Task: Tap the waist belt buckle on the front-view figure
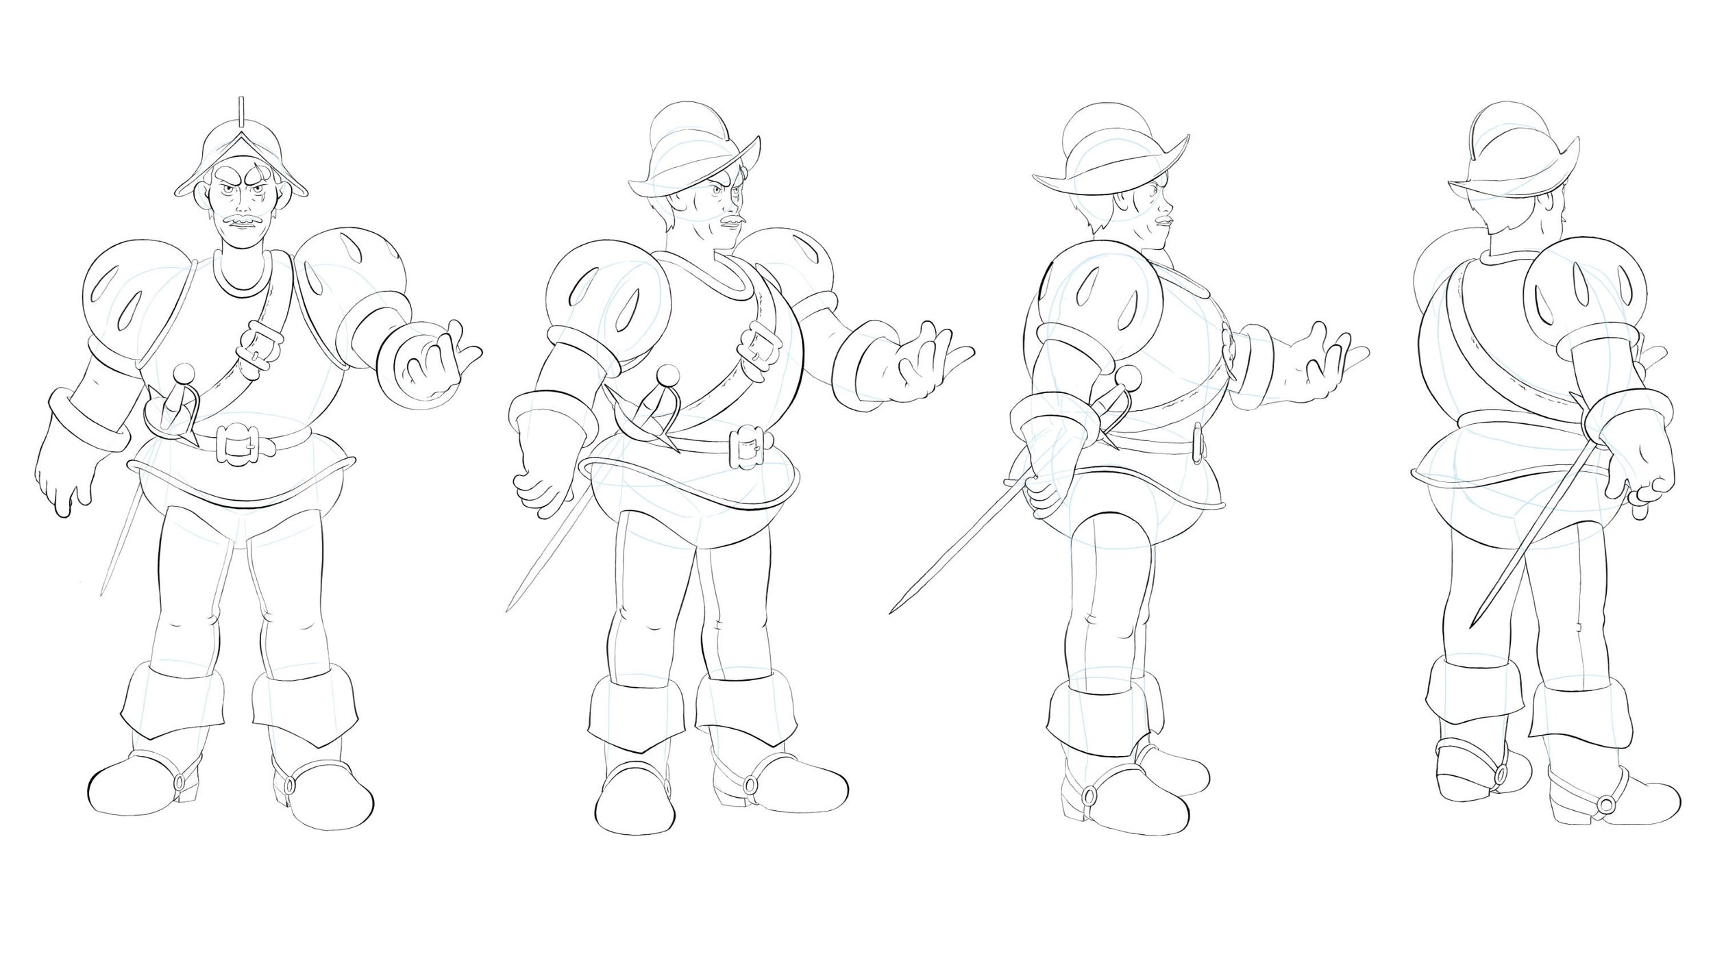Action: pyautogui.click(x=237, y=443)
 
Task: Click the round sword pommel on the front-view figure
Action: pyautogui.click(x=183, y=373)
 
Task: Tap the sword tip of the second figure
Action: pyautogui.click(x=507, y=610)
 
